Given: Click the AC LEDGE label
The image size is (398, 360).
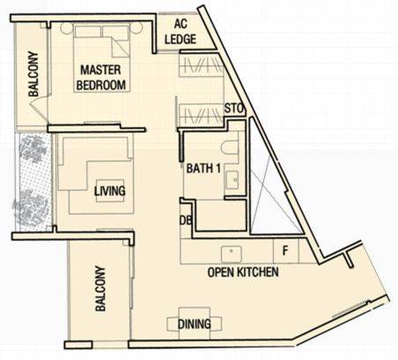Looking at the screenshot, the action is tap(181, 32).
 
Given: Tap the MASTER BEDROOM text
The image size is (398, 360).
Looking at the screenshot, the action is tap(100, 77).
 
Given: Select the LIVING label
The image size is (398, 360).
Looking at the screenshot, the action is tap(110, 191).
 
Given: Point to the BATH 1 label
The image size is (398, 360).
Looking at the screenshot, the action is tap(203, 168).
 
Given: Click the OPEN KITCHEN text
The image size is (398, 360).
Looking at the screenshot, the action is tap(243, 272).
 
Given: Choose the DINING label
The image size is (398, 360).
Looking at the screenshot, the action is tap(195, 324).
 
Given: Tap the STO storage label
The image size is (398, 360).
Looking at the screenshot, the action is tap(234, 108).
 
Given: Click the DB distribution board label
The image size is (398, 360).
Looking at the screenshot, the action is tap(186, 221).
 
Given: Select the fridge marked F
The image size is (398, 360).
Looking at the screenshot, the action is tap(286, 251).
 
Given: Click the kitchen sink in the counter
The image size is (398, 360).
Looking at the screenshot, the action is tap(232, 254).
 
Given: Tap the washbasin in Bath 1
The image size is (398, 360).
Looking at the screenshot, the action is tap(232, 180).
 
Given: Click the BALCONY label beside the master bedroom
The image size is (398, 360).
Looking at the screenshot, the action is tap(33, 74).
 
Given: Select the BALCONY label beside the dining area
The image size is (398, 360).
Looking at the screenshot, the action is tap(100, 289).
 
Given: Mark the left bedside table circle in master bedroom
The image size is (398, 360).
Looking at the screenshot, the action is tap(67, 28).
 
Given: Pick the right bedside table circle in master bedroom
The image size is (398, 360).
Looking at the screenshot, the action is tap(136, 28).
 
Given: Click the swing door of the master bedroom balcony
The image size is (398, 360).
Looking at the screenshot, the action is tap(40, 107).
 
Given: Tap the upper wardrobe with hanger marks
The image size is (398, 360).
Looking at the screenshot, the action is tap(201, 65).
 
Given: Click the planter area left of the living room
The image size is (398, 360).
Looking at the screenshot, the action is tap(33, 182).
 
